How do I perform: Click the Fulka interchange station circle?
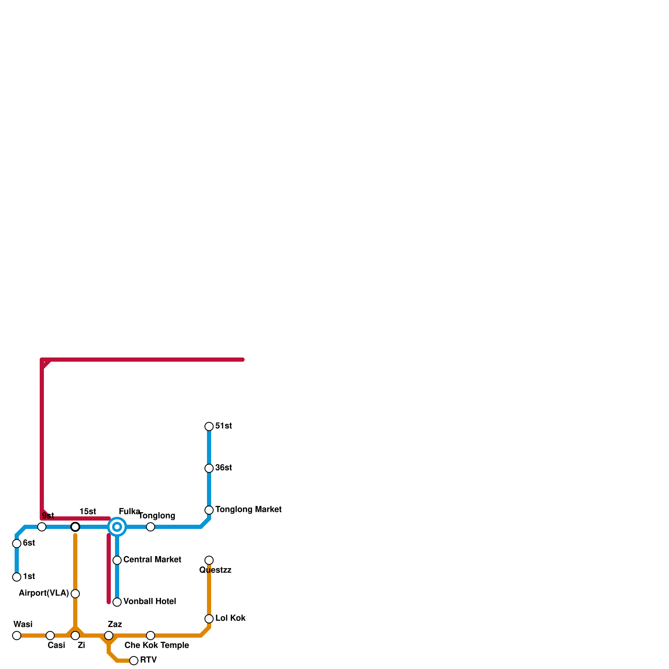pyautogui.click(x=117, y=527)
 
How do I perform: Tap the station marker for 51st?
pyautogui.click(x=209, y=426)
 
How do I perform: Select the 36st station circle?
pyautogui.click(x=209, y=468)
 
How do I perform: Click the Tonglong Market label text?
pyautogui.click(x=248, y=510)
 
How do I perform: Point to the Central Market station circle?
pyautogui.click(x=117, y=560)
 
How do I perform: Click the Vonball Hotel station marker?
pyautogui.click(x=117, y=602)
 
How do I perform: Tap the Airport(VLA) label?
pyautogui.click(x=44, y=593)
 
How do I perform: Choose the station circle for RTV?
pyautogui.click(x=134, y=661)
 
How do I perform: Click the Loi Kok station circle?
pyautogui.click(x=209, y=619)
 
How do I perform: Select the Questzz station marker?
pyautogui.click(x=209, y=560)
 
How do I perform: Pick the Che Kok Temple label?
pyautogui.click(x=157, y=646)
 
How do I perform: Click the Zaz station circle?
pyautogui.click(x=109, y=636)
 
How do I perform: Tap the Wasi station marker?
pyautogui.click(x=17, y=636)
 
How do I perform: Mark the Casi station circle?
pyautogui.click(x=50, y=636)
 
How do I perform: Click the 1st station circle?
pyautogui.click(x=17, y=577)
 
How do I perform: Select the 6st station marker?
pyautogui.click(x=17, y=544)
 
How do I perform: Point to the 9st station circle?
pyautogui.click(x=42, y=527)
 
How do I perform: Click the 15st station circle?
pyautogui.click(x=75, y=527)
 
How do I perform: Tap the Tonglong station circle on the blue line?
pyautogui.click(x=151, y=527)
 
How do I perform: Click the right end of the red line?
pyautogui.click(x=243, y=360)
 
